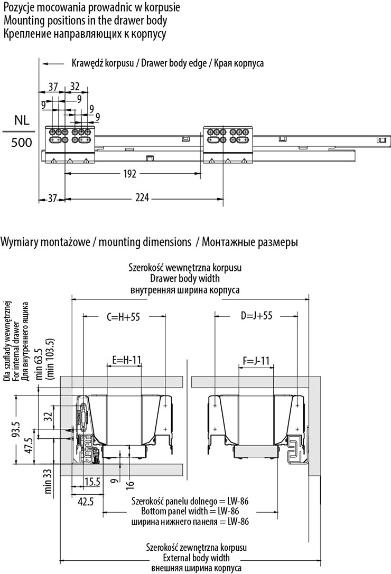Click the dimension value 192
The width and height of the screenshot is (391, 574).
tap(129, 173)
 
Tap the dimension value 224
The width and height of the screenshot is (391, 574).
tap(142, 198)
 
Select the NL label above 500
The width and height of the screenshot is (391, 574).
tap(17, 119)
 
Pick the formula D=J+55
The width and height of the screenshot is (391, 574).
tap(256, 316)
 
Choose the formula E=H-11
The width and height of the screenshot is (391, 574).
tap(127, 361)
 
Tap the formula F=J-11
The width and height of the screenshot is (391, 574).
tap(257, 361)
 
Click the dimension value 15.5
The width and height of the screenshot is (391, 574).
tap(92, 481)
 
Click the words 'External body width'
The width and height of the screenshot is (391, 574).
tap(190, 558)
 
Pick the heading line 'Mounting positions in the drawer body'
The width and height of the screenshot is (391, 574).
tap(85, 21)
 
